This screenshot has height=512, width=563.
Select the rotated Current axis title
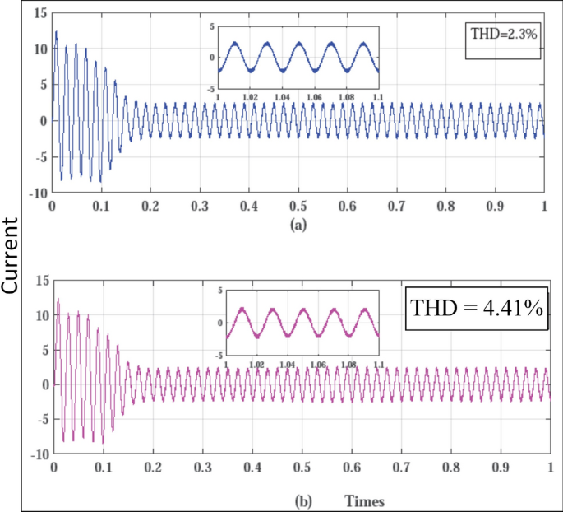(12, 255)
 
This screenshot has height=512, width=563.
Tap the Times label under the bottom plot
(365, 500)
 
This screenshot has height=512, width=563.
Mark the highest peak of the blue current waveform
(56, 31)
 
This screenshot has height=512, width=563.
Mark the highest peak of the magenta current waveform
(58, 299)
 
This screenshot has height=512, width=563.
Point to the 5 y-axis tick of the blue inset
(211, 26)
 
